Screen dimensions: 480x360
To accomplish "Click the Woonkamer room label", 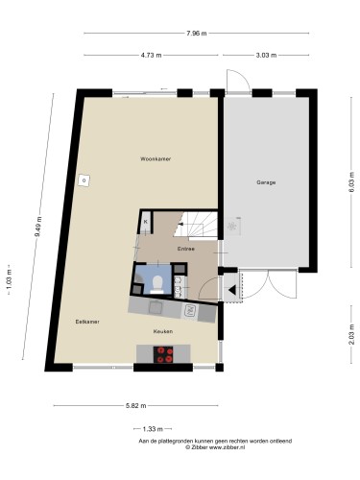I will point(155,158).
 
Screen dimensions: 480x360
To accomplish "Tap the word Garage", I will point(266,181).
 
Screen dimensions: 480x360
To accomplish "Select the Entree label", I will point(186,249).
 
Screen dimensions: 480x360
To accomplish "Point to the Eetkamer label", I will point(87,322).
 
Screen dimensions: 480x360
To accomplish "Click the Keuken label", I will point(163,331).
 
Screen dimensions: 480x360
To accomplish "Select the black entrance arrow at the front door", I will point(231,288).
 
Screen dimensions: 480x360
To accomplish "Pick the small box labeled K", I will point(146,223).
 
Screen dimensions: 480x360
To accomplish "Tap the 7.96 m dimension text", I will point(197,34).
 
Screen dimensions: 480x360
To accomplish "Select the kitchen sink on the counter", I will point(189,310).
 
